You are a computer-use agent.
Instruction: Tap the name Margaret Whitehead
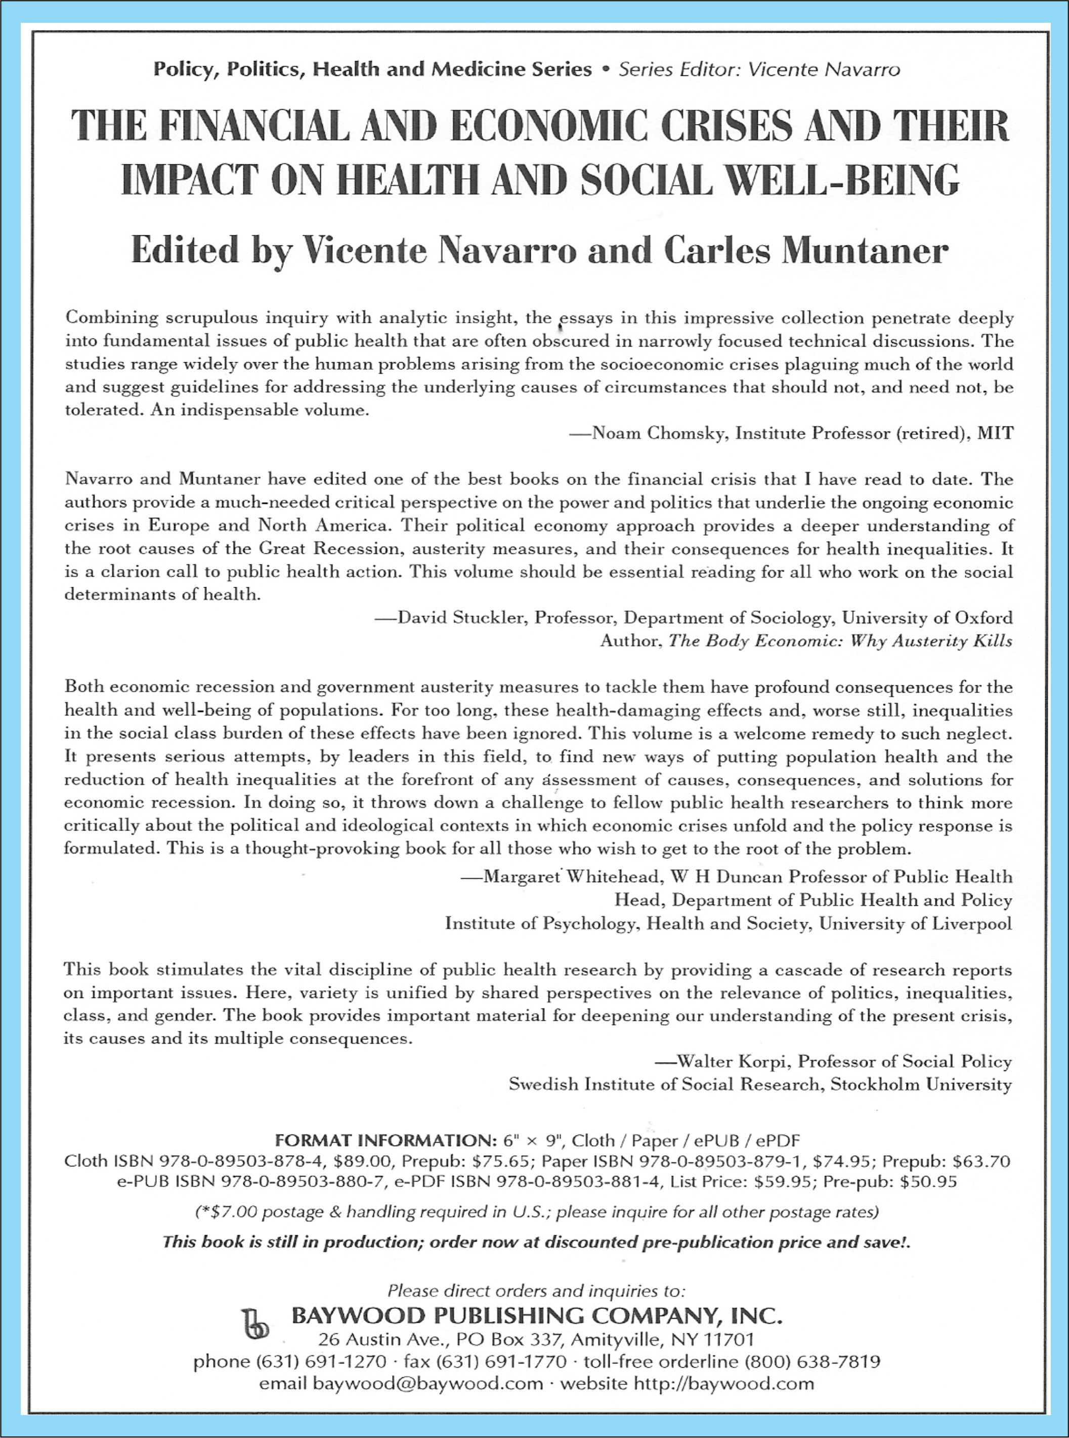pos(573,877)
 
